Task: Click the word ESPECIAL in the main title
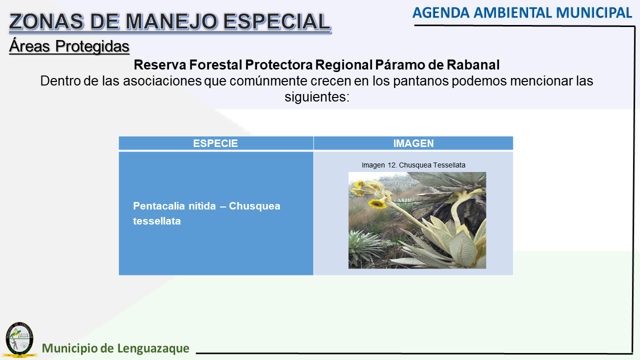(x=276, y=21)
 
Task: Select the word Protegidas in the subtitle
(x=92, y=46)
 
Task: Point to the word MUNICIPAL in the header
(x=593, y=13)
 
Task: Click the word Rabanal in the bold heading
(x=473, y=65)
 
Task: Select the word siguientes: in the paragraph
(x=317, y=97)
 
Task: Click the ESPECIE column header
(x=215, y=143)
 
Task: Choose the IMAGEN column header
(x=413, y=143)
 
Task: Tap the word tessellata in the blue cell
(x=157, y=221)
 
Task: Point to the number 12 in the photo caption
(x=391, y=165)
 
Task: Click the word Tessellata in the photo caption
(x=449, y=165)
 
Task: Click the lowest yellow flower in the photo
(x=377, y=203)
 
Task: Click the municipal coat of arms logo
(x=19, y=339)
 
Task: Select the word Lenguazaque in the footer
(x=153, y=348)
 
